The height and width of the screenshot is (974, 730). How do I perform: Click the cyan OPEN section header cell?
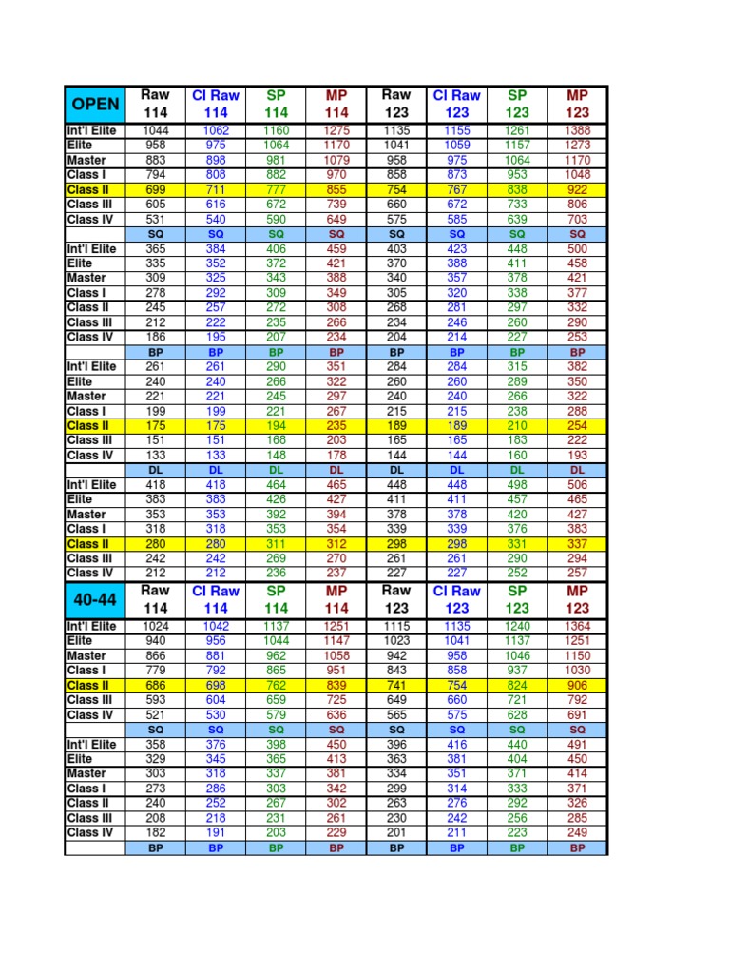(94, 104)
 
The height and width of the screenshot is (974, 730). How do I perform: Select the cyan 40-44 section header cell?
(94, 599)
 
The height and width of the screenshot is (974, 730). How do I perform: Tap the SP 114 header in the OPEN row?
(276, 104)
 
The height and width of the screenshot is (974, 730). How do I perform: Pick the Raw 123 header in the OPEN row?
(396, 104)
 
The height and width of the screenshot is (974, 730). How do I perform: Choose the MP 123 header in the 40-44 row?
(577, 599)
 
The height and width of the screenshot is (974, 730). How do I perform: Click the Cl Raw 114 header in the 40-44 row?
(216, 599)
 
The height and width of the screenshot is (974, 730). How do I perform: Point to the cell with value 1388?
(577, 130)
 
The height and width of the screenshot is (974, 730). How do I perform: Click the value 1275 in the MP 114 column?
(336, 130)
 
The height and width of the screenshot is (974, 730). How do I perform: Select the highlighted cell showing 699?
(155, 190)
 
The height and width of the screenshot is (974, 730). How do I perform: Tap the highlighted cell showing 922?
(577, 190)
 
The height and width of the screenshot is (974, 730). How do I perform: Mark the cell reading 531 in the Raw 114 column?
(155, 220)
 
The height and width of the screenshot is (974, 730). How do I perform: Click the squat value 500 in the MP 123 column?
(577, 248)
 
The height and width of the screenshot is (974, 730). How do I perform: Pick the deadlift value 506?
(577, 485)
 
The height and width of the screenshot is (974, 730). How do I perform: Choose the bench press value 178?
(336, 456)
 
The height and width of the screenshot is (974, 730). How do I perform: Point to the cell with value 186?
(155, 337)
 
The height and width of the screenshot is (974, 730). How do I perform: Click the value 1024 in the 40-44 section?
(155, 626)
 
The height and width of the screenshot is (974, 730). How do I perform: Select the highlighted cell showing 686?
(155, 685)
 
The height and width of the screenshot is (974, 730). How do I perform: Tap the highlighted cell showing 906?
(577, 685)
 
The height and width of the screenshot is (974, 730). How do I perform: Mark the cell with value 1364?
(577, 626)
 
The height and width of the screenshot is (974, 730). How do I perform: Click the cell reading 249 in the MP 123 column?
(577, 832)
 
